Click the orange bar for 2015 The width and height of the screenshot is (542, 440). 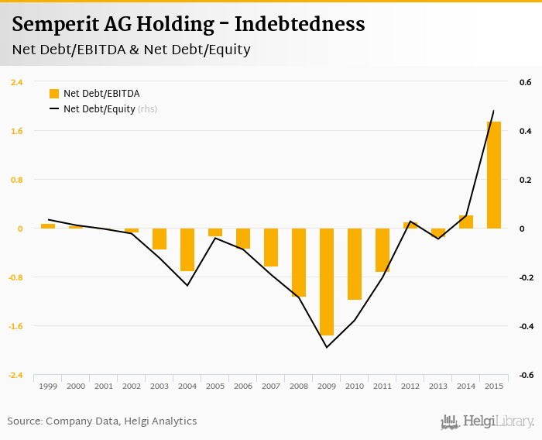[494, 175]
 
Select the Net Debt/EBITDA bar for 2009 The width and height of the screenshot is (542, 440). [327, 282]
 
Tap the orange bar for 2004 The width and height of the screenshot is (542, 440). [187, 249]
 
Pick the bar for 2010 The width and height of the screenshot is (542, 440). [355, 264]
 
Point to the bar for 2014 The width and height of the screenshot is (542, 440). [466, 222]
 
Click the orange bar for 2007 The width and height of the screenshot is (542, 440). [271, 247]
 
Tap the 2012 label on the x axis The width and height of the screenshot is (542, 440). [410, 386]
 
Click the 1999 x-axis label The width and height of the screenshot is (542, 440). [48, 386]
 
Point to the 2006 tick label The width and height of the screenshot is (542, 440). [243, 386]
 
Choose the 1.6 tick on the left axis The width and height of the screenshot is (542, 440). [16, 131]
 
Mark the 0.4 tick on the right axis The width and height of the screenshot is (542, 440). [524, 131]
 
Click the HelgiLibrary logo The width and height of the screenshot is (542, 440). [488, 421]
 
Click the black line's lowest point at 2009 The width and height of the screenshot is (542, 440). [327, 347]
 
